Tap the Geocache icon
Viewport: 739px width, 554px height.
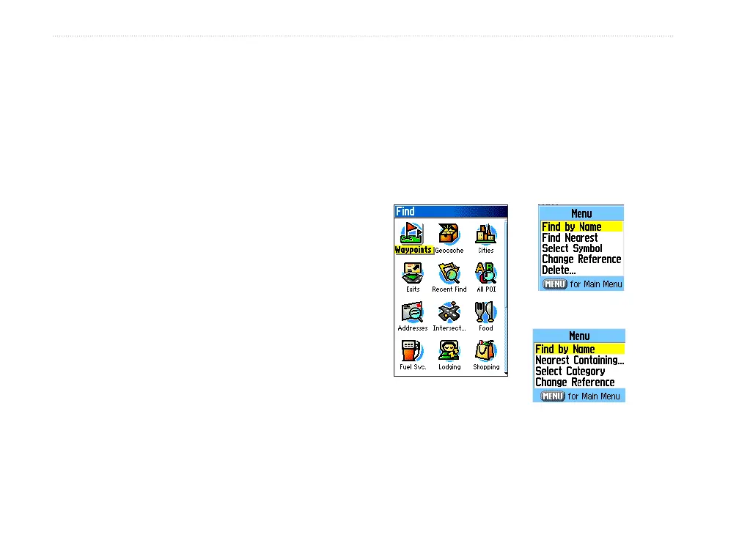[x=449, y=234]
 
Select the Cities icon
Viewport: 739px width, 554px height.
[x=485, y=234]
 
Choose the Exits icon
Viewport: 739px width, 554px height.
[x=413, y=273]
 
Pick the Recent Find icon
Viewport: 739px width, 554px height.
[x=449, y=273]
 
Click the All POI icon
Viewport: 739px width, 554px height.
[x=485, y=273]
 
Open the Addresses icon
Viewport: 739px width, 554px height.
[x=413, y=312]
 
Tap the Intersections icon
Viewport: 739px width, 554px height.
[x=449, y=312]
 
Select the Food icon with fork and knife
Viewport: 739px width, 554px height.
[x=485, y=312]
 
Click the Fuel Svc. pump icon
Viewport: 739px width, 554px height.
[x=413, y=351]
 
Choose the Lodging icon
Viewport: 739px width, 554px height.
[x=449, y=351]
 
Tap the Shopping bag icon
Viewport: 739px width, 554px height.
[x=485, y=351]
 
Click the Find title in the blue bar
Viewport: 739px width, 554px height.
[x=405, y=212]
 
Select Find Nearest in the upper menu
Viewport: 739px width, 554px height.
[x=570, y=238]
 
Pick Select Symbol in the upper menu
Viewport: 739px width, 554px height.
[x=572, y=248]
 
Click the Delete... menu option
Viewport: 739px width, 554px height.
[x=559, y=270]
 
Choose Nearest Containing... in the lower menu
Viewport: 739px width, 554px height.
[x=579, y=361]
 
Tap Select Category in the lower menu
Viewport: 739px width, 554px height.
[x=570, y=372]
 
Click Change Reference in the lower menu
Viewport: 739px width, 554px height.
[x=575, y=383]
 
